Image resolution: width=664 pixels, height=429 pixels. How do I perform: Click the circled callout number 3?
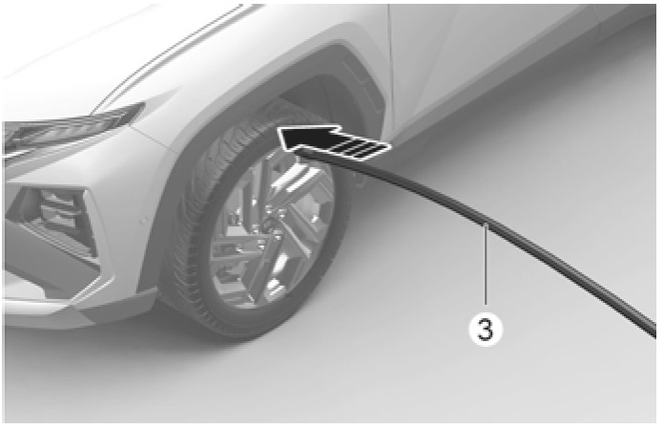point(486,329)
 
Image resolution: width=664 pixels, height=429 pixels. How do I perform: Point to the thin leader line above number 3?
point(486,266)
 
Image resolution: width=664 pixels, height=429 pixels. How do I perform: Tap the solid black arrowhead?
point(305,138)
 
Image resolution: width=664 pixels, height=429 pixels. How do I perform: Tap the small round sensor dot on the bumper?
point(145,221)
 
